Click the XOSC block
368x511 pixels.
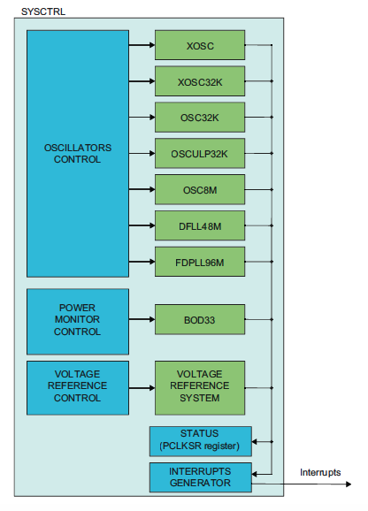pyautogui.click(x=199, y=44)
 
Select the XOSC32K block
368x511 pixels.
pyautogui.click(x=199, y=81)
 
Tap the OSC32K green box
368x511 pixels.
pyautogui.click(x=199, y=118)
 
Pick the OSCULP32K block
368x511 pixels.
pyautogui.click(x=199, y=154)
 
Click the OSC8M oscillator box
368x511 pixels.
pyautogui.click(x=199, y=190)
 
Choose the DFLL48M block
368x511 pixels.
pyautogui.click(x=199, y=226)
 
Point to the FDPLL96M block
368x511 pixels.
pyautogui.click(x=199, y=263)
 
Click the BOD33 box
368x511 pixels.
pyautogui.click(x=199, y=319)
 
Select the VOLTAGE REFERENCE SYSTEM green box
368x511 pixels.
pyautogui.click(x=199, y=386)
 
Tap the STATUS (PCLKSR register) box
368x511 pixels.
pyautogui.click(x=200, y=439)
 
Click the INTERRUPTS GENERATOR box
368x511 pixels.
pyautogui.click(x=200, y=477)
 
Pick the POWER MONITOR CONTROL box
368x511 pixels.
pyautogui.click(x=78, y=319)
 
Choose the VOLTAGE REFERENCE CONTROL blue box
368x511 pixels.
pyautogui.click(x=78, y=386)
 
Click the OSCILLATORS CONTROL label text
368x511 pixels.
pyautogui.click(x=78, y=154)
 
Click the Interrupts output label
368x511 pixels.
pyautogui.click(x=319, y=472)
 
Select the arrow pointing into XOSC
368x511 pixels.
pyautogui.click(x=142, y=44)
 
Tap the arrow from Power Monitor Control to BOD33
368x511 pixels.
pyautogui.click(x=142, y=319)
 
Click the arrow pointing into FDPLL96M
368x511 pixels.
pyautogui.click(x=142, y=263)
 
